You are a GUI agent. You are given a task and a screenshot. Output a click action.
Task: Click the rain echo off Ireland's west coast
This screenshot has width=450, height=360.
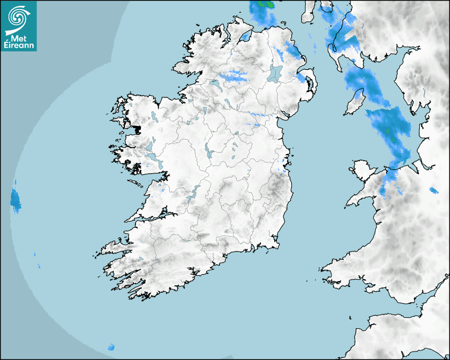click(15, 200)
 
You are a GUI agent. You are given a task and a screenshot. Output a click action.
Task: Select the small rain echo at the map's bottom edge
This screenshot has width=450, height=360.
click(111, 347)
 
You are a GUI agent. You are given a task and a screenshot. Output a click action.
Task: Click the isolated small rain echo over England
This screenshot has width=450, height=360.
click(434, 191)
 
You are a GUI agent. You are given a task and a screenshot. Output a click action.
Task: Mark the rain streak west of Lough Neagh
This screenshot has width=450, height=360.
click(233, 76)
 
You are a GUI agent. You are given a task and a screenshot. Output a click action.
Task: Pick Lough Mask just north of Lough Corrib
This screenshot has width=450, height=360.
click(149, 145)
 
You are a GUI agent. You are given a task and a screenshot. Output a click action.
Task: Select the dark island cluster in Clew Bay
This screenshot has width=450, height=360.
click(137, 129)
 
